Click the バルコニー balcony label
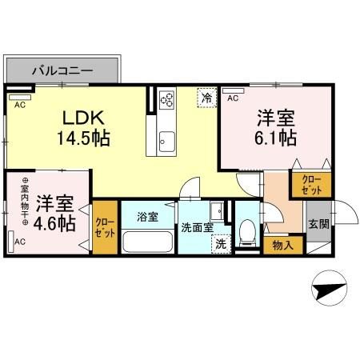tap(62, 70)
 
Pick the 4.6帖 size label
tap(56, 222)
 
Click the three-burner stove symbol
tap(168, 100)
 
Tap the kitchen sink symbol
tap(166, 140)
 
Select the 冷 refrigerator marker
tap(207, 98)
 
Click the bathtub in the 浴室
tap(150, 241)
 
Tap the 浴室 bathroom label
tap(148, 216)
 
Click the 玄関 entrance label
tap(318, 223)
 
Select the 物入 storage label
tap(283, 245)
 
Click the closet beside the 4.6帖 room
tap(104, 228)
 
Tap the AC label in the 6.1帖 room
tap(232, 98)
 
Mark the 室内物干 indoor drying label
tap(25, 200)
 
